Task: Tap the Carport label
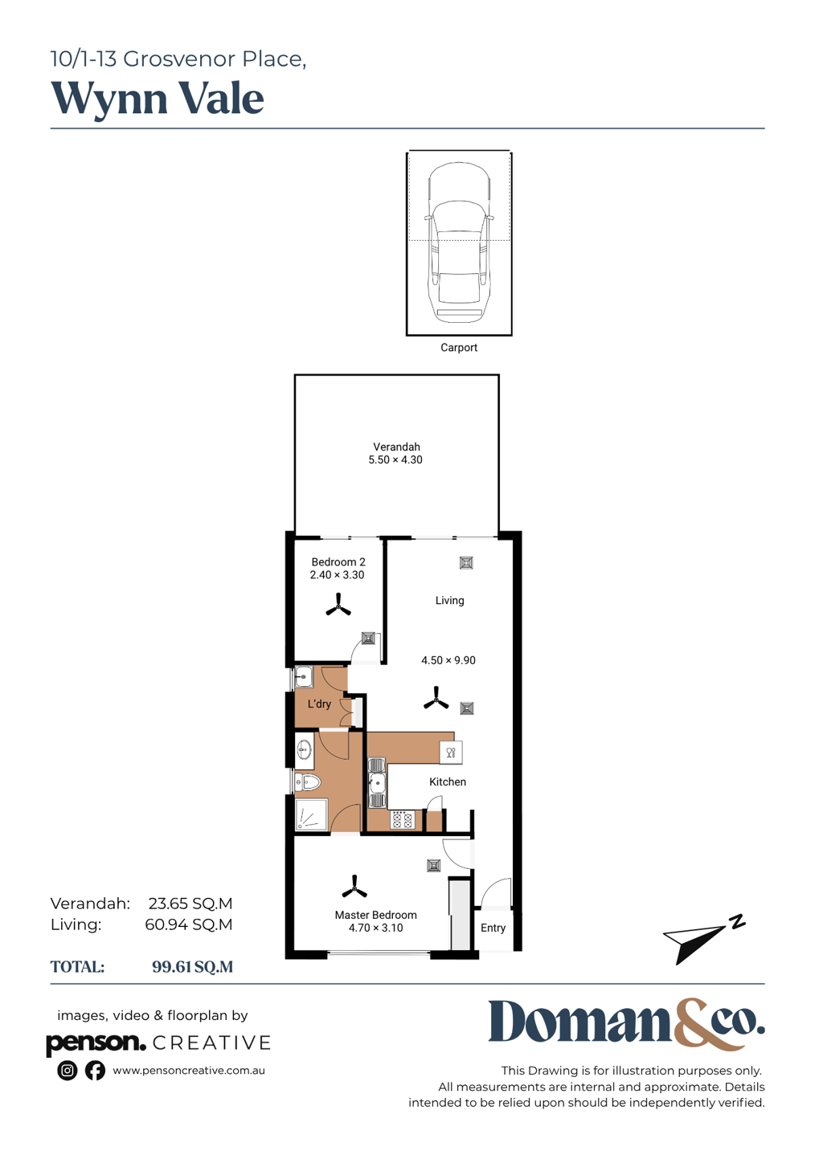tap(459, 347)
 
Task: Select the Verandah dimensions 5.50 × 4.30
tap(395, 459)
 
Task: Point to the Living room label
tap(449, 600)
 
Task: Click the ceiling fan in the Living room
tap(436, 698)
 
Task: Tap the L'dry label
tap(319, 704)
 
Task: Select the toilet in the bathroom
tap(308, 781)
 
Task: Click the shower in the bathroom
tap(312, 814)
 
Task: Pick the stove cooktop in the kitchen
tap(402, 820)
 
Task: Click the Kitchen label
tap(448, 781)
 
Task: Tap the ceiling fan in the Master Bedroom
tap(354, 887)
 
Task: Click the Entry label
tap(493, 928)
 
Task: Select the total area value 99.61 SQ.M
tap(192, 967)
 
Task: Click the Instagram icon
tap(67, 1071)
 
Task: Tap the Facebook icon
tap(95, 1071)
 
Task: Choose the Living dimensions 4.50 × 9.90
tap(448, 660)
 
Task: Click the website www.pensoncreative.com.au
tap(189, 1071)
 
